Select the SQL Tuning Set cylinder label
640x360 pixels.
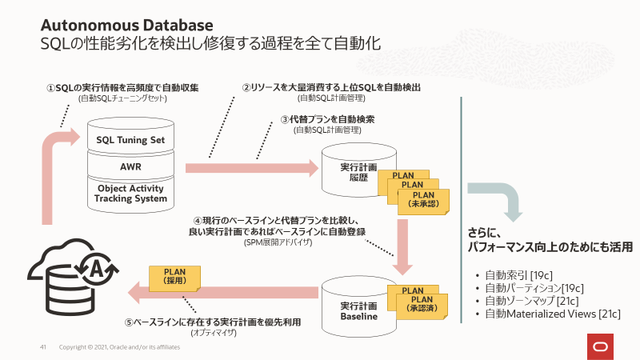pyautogui.click(x=130, y=139)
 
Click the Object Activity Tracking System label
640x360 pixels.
pyautogui.click(x=130, y=194)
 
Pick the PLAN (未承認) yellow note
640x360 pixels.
pyautogui.click(x=422, y=199)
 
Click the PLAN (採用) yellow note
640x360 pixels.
pyautogui.click(x=174, y=277)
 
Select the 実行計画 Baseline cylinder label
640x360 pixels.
pyautogui.click(x=353, y=311)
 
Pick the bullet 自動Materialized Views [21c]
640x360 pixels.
pyautogui.click(x=552, y=314)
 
